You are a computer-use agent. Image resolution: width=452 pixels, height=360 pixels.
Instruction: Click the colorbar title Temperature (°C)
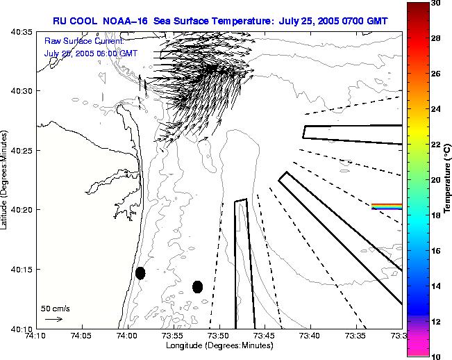point(449,179)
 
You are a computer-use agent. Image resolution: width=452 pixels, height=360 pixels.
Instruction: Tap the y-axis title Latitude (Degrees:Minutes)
point(6,180)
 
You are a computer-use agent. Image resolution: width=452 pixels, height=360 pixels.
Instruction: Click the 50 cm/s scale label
point(55,308)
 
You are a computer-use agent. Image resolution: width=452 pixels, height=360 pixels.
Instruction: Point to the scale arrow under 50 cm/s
point(53,319)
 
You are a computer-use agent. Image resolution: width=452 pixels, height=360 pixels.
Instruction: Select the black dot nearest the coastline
point(140,273)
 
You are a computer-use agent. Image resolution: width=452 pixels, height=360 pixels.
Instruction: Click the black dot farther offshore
point(197,286)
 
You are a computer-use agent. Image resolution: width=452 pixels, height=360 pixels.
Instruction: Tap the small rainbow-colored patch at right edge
point(386,206)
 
